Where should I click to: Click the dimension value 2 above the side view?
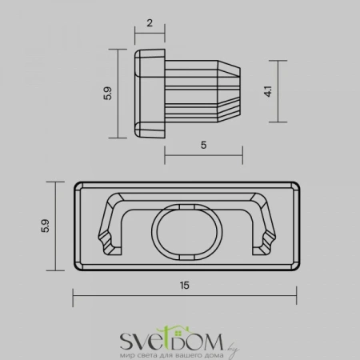coord(150,23)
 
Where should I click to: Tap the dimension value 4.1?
coord(268,91)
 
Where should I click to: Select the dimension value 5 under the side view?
coord(203,145)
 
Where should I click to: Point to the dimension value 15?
coord(184,286)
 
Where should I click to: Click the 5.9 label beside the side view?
coord(107,93)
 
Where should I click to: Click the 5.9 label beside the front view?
coord(46,226)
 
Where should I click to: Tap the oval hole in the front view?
coord(187,232)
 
